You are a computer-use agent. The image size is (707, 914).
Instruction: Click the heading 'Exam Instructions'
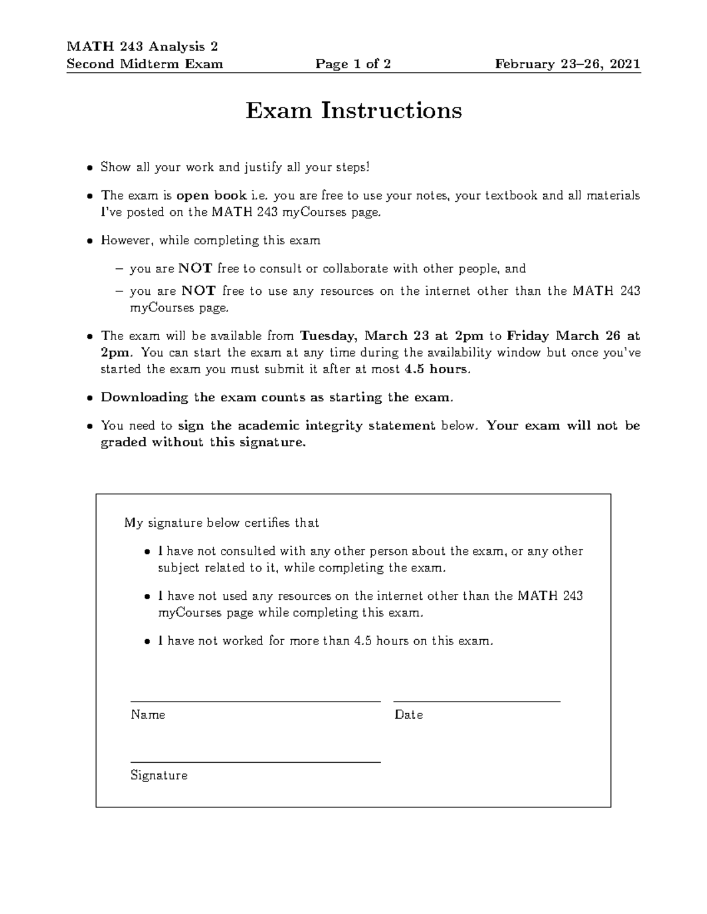353,111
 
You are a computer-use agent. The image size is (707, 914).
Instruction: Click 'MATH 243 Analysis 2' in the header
142,46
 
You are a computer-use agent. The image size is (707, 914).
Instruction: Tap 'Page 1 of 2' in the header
353,64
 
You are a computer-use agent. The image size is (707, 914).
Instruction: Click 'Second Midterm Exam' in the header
145,64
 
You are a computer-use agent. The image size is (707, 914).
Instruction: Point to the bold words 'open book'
212,195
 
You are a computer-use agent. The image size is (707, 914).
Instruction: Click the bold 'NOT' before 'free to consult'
195,269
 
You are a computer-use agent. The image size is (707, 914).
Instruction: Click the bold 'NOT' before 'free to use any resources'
199,291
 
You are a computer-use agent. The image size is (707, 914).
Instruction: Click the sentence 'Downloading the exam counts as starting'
277,397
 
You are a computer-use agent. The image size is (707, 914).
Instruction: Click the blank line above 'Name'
255,701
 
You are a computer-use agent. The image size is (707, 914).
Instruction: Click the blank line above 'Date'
477,701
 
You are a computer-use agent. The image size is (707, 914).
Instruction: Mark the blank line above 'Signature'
255,762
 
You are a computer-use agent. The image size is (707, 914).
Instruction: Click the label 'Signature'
159,776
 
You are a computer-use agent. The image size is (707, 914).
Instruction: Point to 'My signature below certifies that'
222,523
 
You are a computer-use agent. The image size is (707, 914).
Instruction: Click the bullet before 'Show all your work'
90,168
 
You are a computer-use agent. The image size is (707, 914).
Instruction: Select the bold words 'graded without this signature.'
203,443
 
